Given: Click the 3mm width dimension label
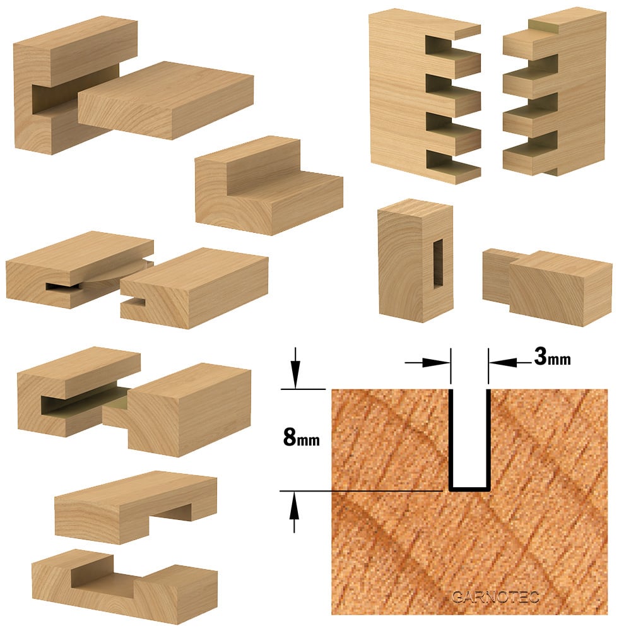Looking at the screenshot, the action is [552, 357].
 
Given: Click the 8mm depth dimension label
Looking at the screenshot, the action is [302, 437].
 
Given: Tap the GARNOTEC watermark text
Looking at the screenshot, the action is [495, 597].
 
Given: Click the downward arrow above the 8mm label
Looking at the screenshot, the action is [296, 368].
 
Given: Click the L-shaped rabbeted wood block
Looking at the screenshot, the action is [269, 186].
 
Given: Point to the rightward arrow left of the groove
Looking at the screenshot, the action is [427, 363].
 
